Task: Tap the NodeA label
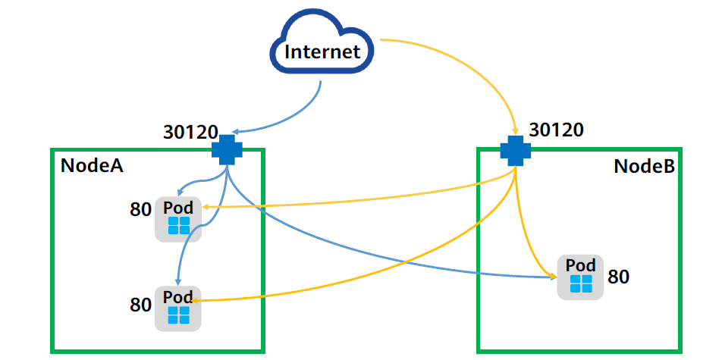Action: pos(92,166)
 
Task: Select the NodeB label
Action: pos(643,166)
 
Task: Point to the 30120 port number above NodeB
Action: pos(556,130)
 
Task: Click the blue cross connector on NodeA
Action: pos(226,150)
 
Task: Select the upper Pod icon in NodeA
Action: pos(178,219)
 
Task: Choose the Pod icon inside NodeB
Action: pos(581,277)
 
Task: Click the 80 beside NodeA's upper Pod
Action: pos(141,210)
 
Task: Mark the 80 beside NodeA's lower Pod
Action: pos(141,305)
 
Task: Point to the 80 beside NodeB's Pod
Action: pos(618,277)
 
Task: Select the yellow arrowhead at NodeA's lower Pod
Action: pos(196,300)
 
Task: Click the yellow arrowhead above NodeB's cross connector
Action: pos(516,130)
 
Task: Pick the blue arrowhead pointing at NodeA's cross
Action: pos(231,131)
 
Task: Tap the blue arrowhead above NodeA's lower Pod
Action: pos(178,281)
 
